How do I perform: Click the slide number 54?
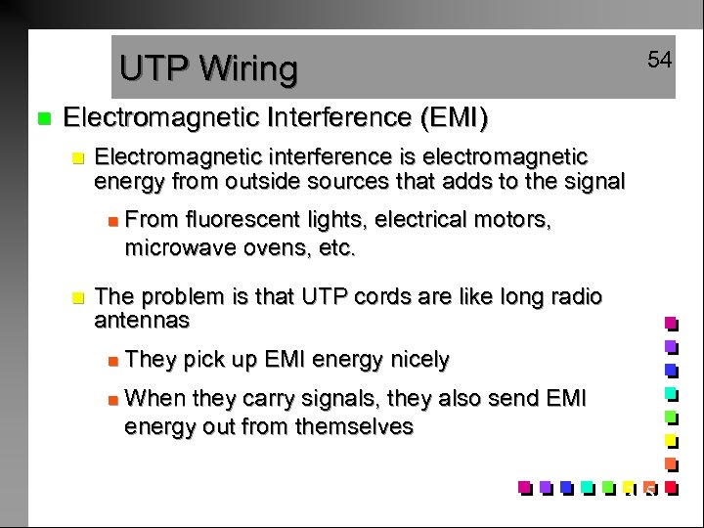point(660,61)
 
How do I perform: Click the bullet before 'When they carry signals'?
point(112,399)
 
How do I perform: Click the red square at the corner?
point(671,486)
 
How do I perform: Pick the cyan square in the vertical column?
point(671,393)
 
